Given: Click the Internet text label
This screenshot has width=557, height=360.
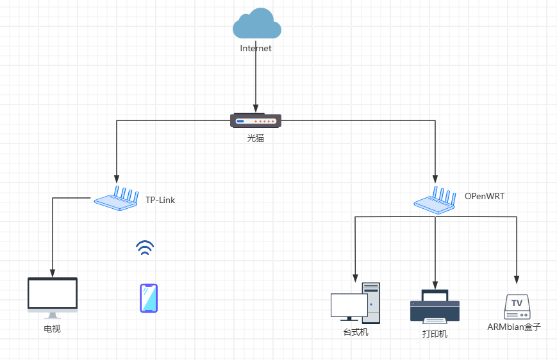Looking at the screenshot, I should [x=256, y=48].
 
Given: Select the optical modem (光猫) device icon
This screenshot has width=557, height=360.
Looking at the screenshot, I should [x=256, y=120].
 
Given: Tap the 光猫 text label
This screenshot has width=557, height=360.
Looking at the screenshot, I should [x=256, y=138].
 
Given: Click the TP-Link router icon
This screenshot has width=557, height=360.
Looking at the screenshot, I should [x=117, y=199].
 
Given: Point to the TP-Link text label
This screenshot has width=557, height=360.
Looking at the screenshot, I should [x=160, y=200].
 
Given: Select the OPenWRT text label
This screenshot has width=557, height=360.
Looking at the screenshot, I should [x=485, y=196].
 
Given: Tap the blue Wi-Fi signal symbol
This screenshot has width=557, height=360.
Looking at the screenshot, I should [x=145, y=249].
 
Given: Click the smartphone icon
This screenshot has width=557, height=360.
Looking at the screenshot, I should [x=149, y=298].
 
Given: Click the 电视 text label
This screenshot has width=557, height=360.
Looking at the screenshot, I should [x=52, y=329].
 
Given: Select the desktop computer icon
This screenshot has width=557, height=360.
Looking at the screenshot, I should [x=356, y=303].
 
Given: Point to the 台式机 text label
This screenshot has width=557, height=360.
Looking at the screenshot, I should [x=356, y=332].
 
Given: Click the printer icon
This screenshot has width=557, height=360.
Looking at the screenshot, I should [x=435, y=306].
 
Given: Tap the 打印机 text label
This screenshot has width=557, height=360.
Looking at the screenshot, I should [x=435, y=334].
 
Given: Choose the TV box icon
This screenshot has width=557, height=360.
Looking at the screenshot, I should [x=517, y=307].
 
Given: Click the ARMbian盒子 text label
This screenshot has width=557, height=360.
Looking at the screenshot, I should [x=514, y=327].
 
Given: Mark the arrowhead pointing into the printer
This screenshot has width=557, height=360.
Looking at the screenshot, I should [x=435, y=284].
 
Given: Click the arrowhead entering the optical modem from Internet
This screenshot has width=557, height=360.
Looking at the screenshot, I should [x=256, y=108].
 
